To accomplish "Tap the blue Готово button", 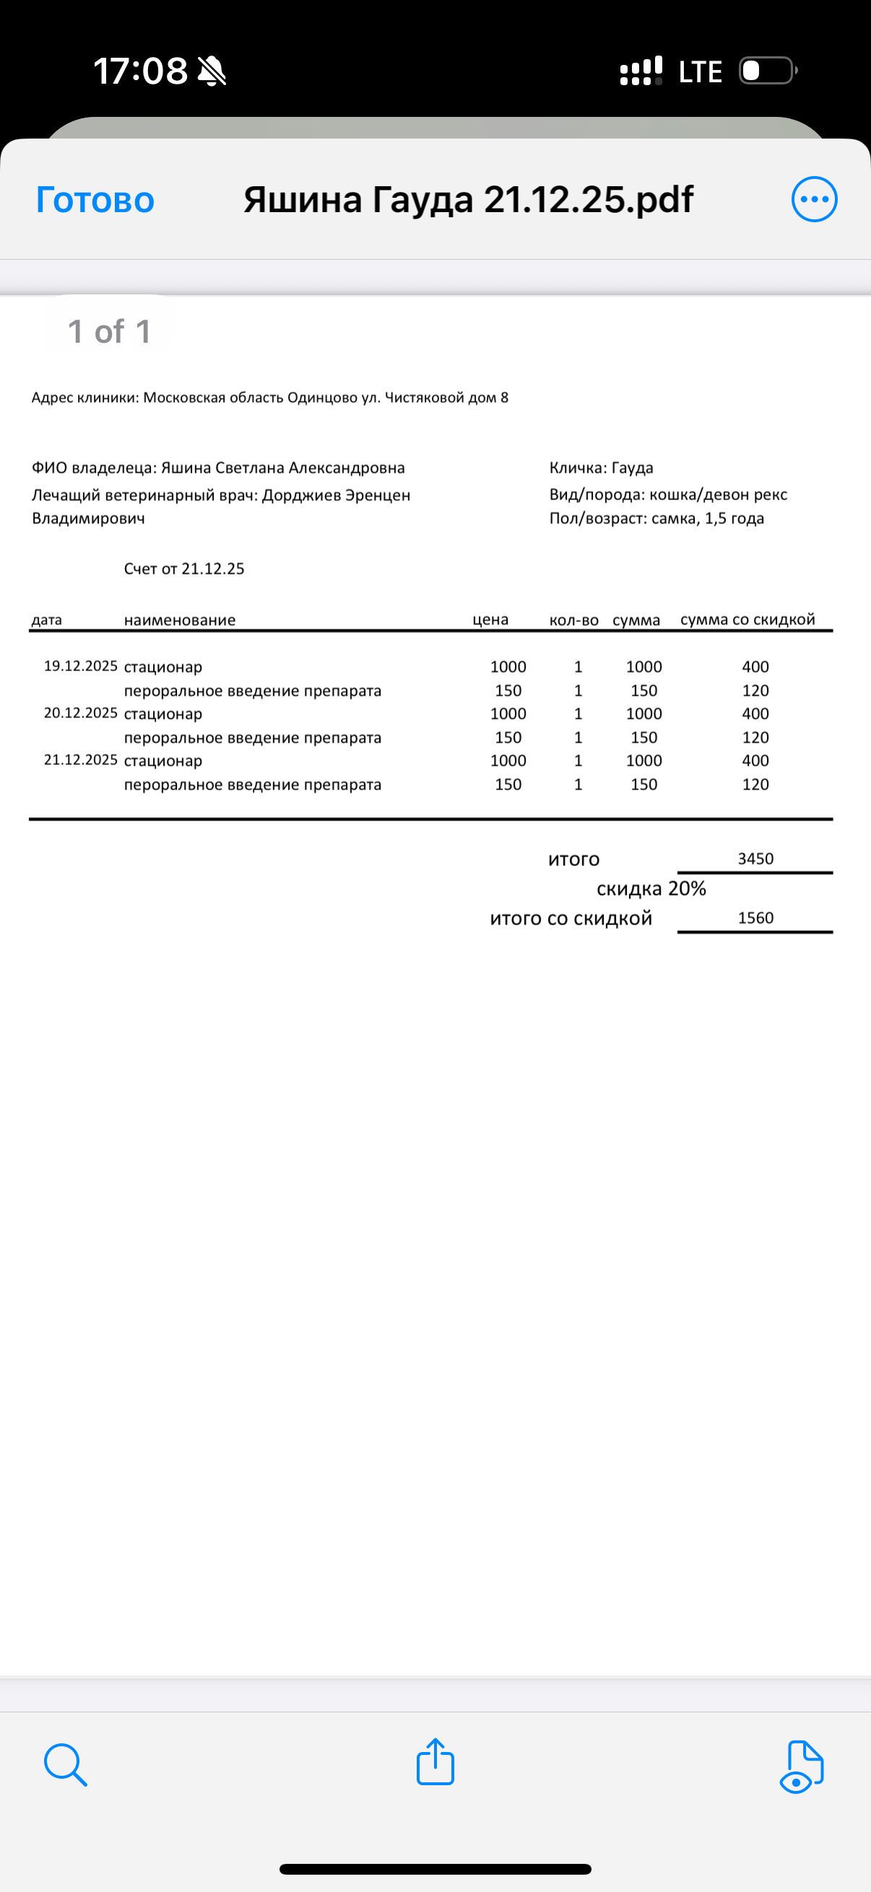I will [95, 200].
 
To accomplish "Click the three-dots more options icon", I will [814, 199].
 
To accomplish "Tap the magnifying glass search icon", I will [66, 1764].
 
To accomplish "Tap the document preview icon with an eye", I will [801, 1766].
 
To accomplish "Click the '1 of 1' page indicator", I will [110, 331].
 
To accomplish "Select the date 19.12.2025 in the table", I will [81, 666].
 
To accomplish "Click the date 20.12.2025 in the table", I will [81, 713].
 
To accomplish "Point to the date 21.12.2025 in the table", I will [81, 760].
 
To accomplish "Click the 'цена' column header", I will [490, 620].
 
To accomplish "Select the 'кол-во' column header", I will [574, 621].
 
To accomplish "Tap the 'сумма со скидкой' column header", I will [747, 620].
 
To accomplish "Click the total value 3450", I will [755, 859].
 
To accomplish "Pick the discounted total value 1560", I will [755, 918].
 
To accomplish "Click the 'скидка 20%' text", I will [651, 889].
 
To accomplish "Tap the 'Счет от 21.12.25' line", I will [183, 569].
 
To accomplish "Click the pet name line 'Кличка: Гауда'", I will [601, 468].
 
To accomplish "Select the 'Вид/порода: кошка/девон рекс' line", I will [668, 494].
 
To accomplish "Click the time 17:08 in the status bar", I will [140, 71].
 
